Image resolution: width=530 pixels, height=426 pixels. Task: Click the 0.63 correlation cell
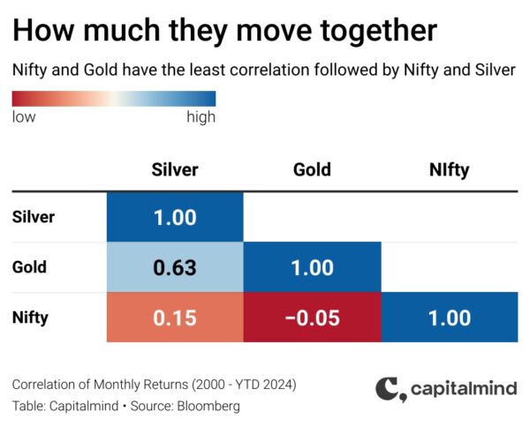click(x=175, y=267)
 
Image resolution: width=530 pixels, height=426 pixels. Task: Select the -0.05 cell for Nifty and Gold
click(x=313, y=318)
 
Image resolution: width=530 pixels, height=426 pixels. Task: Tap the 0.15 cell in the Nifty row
click(x=175, y=318)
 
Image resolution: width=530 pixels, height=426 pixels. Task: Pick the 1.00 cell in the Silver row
click(x=175, y=217)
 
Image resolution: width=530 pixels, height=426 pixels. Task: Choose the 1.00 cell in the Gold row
click(x=313, y=267)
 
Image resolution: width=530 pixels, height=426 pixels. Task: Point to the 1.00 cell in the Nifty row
click(x=450, y=318)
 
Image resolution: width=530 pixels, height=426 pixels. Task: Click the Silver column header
click(x=175, y=169)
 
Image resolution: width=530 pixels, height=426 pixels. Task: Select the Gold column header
click(x=312, y=169)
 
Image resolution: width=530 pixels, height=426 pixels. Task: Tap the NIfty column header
click(x=450, y=170)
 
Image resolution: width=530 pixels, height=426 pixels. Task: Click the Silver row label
click(x=34, y=217)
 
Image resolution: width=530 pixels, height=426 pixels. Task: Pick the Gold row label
click(x=29, y=267)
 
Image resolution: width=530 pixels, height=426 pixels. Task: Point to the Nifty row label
click(x=30, y=318)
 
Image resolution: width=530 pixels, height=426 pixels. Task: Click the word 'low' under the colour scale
click(x=24, y=116)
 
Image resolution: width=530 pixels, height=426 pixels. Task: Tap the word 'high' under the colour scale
click(x=201, y=117)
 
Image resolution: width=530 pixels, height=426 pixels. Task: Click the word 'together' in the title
click(x=379, y=31)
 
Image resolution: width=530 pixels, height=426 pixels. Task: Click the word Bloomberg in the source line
click(x=208, y=406)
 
